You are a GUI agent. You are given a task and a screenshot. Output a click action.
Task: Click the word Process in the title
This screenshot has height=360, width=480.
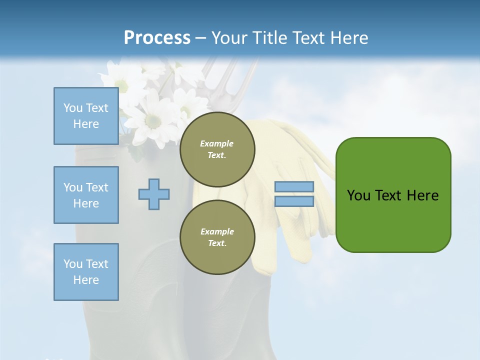[x=157, y=38]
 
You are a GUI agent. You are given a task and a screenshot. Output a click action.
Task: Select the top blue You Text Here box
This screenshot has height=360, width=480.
[x=86, y=116]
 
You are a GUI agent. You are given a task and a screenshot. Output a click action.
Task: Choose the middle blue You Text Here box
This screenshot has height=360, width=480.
[x=86, y=195]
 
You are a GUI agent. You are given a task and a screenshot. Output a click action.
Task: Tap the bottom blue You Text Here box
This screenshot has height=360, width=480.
[x=86, y=272]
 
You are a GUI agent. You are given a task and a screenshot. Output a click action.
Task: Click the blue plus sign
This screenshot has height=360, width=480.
[x=154, y=194]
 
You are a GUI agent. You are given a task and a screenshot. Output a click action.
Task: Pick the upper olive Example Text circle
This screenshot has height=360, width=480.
[x=217, y=149]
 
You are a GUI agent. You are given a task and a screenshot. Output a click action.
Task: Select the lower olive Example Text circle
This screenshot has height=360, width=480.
[x=217, y=237]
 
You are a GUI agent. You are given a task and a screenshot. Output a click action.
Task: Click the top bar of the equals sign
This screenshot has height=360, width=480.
[x=294, y=187]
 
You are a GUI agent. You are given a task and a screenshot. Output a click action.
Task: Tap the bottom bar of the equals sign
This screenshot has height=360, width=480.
[x=294, y=201]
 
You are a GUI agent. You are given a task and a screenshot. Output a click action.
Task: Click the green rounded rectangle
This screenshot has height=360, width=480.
[x=393, y=220]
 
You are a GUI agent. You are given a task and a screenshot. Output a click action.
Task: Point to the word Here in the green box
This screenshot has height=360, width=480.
[x=422, y=195]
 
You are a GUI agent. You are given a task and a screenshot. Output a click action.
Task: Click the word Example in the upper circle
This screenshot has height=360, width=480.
[x=217, y=144]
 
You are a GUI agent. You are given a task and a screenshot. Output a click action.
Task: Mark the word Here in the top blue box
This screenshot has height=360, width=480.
[x=86, y=124]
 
